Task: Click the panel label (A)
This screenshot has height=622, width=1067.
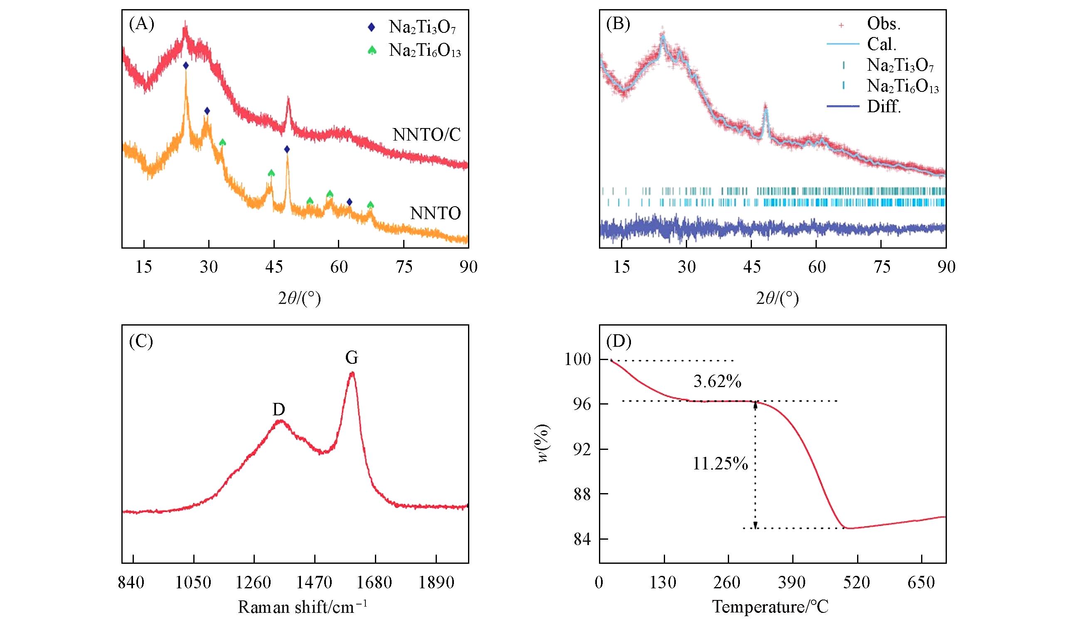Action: (x=141, y=25)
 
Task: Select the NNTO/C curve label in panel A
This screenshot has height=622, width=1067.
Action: (x=426, y=135)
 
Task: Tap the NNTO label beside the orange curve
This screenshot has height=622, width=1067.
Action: (x=435, y=213)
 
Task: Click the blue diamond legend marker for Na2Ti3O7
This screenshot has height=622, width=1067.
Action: (x=371, y=27)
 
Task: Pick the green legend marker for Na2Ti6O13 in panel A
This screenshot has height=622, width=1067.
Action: (x=372, y=51)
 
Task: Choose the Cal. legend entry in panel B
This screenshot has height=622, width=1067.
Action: (x=882, y=44)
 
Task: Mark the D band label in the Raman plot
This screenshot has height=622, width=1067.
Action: (x=278, y=410)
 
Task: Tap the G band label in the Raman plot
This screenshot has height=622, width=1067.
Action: (x=351, y=358)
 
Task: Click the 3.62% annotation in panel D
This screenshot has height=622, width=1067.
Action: (x=717, y=382)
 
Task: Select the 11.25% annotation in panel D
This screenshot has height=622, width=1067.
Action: (x=720, y=464)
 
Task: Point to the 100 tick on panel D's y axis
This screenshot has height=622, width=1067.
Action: (x=577, y=360)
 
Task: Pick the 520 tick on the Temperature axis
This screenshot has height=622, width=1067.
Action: (x=856, y=583)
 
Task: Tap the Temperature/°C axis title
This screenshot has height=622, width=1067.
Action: (x=770, y=607)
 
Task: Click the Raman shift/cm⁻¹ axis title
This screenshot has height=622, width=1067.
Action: (x=302, y=607)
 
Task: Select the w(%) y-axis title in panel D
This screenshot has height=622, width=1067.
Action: (x=544, y=444)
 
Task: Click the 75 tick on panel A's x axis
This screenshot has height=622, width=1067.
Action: (x=403, y=267)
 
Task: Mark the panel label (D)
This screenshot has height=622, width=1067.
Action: (x=619, y=341)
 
